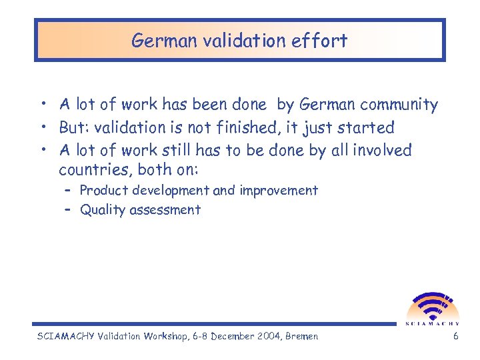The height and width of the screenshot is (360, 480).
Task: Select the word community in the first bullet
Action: pyautogui.click(x=401, y=105)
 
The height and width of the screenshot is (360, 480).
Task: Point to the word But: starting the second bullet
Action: pyautogui.click(x=75, y=127)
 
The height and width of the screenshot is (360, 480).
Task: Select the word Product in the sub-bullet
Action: pyautogui.click(x=104, y=191)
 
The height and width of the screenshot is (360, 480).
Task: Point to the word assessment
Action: pyautogui.click(x=167, y=210)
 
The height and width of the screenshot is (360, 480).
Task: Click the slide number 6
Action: pyautogui.click(x=455, y=336)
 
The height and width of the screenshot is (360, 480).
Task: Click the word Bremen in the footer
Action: pyautogui.click(x=301, y=336)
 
